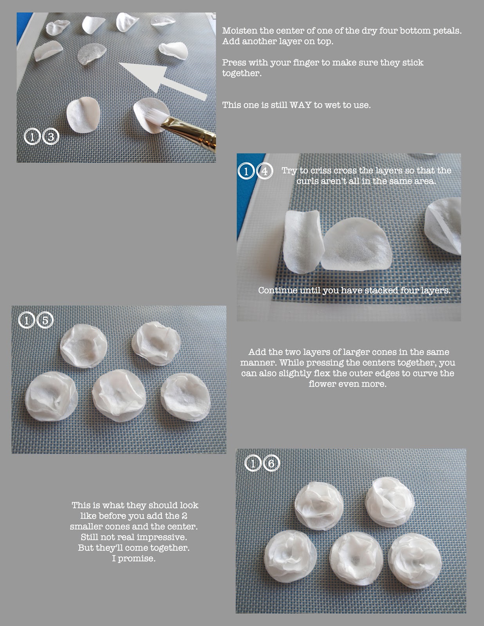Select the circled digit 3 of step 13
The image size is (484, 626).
click(51, 137)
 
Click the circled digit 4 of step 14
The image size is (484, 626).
click(265, 171)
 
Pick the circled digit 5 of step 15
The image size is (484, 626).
click(45, 320)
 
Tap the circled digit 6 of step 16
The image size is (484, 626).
click(271, 463)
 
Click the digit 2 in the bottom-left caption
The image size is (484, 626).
click(184, 516)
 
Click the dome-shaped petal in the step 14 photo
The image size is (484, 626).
click(357, 244)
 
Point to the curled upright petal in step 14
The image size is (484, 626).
click(302, 241)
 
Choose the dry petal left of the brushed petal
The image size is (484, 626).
click(83, 115)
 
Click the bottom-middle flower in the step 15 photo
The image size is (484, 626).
click(119, 396)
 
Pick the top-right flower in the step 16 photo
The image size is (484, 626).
click(390, 502)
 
